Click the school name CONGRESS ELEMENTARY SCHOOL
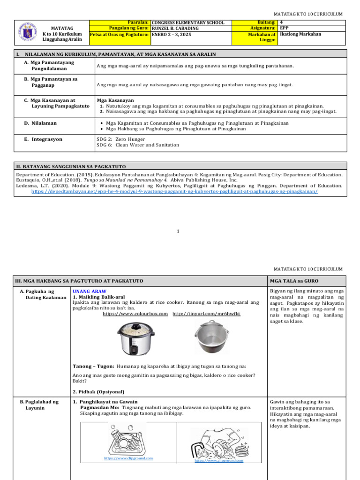(187, 22)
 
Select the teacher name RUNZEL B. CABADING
(175, 28)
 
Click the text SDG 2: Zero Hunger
(120, 139)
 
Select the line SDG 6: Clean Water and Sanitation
(137, 145)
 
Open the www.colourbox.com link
(135, 314)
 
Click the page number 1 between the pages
(178, 231)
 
